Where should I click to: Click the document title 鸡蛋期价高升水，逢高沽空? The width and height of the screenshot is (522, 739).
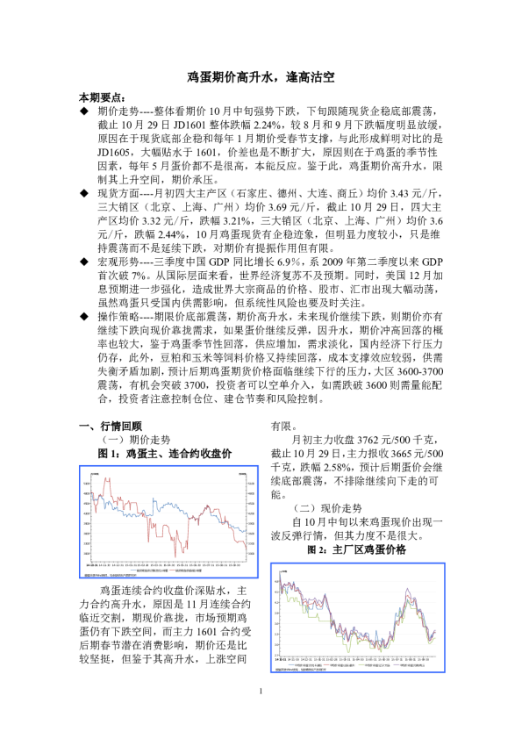(x=261, y=78)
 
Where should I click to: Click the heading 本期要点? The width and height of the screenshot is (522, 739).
(x=102, y=97)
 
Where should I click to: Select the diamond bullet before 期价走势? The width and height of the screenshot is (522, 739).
(x=83, y=112)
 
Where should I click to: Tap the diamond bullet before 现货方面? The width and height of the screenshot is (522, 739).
(x=83, y=191)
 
